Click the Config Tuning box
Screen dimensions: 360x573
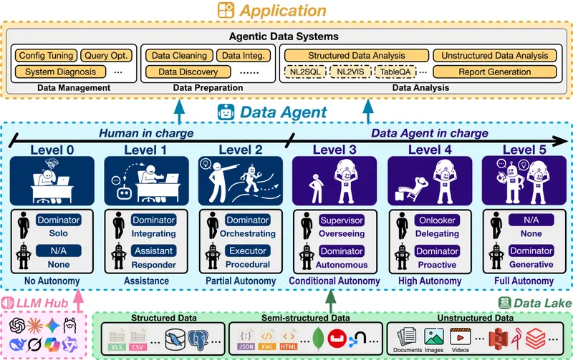(46, 55)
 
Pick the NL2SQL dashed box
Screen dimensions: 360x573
(306, 72)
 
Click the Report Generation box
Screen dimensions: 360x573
(495, 72)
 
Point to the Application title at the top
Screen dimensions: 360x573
(281, 10)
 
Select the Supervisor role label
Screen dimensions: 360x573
(342, 220)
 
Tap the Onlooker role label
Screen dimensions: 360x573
(437, 220)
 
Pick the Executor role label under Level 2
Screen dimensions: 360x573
(247, 251)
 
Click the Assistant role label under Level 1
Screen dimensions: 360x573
(153, 251)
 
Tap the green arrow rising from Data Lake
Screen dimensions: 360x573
(330, 296)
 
